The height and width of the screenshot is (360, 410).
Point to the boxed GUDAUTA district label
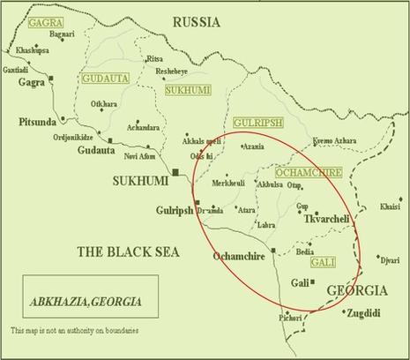pyautogui.click(x=105, y=79)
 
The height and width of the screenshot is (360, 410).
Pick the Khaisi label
pyautogui.click(x=389, y=207)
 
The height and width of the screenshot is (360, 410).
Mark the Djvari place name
pyautogui.click(x=388, y=259)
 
